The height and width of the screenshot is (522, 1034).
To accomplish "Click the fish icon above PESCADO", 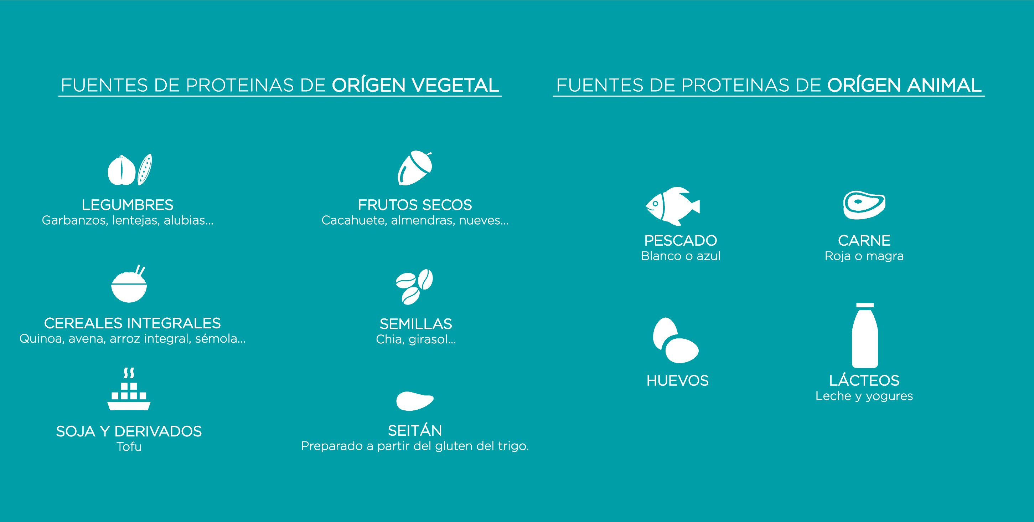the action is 672,206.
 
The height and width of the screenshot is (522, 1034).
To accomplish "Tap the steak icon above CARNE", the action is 864,205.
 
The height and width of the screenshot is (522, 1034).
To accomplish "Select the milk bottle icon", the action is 865,335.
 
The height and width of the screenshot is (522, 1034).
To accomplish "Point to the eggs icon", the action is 675,341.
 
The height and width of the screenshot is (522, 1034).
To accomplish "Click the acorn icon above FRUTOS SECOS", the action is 415,168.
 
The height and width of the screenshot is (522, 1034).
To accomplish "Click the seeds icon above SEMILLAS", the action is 414,287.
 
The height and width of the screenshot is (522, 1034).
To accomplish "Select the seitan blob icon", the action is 415,401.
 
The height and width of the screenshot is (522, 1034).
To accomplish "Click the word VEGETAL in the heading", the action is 455,85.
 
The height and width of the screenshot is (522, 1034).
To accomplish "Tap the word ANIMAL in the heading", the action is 945,85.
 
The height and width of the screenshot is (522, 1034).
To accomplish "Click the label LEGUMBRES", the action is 128,205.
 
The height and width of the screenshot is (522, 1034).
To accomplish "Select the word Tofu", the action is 129,446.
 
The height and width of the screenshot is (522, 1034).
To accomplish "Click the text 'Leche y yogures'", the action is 864,396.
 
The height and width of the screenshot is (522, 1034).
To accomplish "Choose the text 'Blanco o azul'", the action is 681,256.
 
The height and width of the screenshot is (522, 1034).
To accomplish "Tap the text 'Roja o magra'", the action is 864,256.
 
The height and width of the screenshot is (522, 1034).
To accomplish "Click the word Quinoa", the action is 42,339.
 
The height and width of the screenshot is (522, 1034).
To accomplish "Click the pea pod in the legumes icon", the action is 145,169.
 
